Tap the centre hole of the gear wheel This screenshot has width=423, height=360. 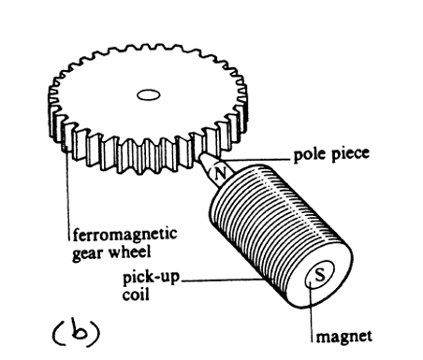147,94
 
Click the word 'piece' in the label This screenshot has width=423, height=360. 348,154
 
